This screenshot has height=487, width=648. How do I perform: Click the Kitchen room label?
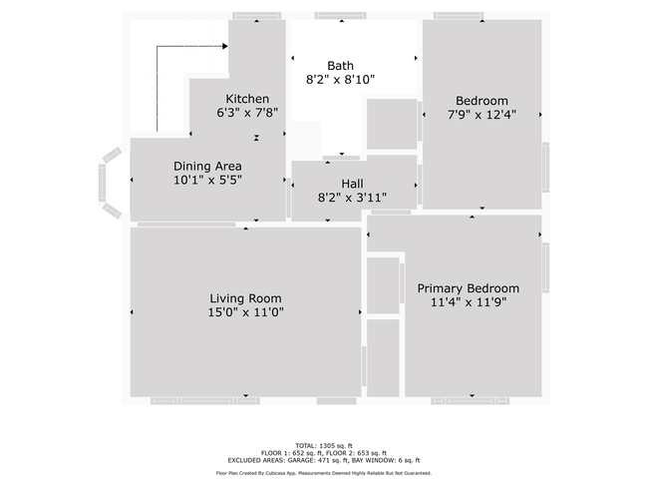[247, 99]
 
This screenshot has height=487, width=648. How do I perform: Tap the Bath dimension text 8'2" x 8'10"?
[340, 80]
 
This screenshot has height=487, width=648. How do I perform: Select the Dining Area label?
[207, 167]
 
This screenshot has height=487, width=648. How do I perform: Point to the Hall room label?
[352, 184]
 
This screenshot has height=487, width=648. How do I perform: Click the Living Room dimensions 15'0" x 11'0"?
[245, 312]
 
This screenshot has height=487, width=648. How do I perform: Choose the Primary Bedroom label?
[469, 288]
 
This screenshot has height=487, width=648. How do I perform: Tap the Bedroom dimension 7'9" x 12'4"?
[482, 115]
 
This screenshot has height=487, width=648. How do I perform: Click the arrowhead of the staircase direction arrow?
[225, 46]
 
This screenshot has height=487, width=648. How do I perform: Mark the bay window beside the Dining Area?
[110, 183]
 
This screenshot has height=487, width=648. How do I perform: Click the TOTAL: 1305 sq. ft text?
[324, 446]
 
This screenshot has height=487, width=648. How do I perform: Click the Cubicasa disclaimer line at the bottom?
[324, 473]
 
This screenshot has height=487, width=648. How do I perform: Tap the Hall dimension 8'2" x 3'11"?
[352, 198]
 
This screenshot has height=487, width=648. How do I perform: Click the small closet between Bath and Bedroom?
[392, 124]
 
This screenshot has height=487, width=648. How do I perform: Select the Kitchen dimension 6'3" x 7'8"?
[247, 113]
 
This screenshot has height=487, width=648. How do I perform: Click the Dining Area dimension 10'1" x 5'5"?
[207, 181]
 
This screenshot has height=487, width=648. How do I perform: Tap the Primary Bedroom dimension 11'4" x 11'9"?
[469, 302]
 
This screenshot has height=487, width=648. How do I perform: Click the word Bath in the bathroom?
[340, 66]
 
